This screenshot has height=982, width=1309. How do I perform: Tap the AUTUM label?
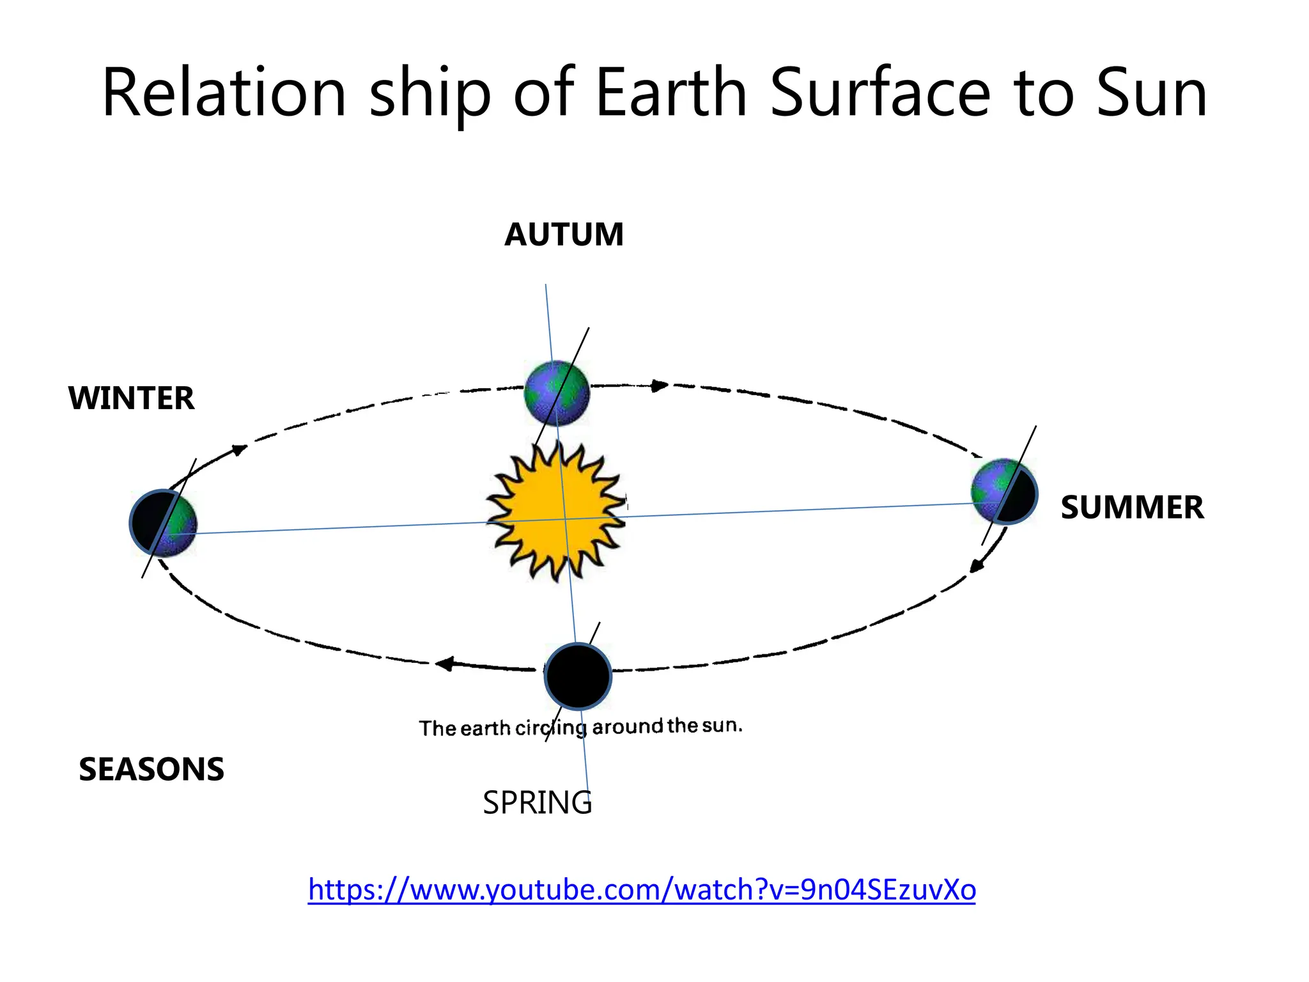564,235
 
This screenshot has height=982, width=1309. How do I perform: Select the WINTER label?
131,398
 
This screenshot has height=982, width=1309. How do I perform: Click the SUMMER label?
1132,508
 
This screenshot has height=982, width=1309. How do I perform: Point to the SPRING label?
537,803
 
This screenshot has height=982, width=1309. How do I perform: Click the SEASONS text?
151,769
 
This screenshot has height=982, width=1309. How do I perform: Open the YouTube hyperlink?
642,889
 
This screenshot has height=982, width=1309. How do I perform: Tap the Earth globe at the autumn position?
557,393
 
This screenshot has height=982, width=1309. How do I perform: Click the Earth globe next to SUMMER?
1004,492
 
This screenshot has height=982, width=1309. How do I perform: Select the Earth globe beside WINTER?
164,523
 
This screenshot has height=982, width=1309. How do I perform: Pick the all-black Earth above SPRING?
578,676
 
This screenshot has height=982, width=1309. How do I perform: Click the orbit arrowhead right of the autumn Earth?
659,386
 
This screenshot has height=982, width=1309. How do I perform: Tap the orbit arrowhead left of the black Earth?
445,664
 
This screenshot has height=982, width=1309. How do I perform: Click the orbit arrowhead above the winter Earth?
238,450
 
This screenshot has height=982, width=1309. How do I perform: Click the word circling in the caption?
551,728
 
